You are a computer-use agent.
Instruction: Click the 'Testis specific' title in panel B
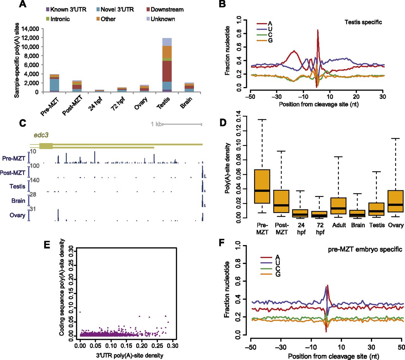[363, 22]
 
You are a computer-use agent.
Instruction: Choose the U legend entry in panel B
[270, 29]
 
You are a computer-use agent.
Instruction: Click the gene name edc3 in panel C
[41, 135]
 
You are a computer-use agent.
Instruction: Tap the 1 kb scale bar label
[156, 124]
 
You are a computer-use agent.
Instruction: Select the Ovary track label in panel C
[17, 215]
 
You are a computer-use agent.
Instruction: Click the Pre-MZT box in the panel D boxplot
[262, 186]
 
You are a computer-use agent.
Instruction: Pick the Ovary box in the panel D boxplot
[396, 201]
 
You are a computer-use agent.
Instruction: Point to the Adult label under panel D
[339, 225]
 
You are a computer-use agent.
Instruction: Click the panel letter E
[47, 244]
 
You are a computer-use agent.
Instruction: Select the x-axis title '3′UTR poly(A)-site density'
[130, 356]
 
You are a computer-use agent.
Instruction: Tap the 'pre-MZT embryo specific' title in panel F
[365, 249]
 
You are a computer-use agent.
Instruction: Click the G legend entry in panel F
[277, 274]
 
